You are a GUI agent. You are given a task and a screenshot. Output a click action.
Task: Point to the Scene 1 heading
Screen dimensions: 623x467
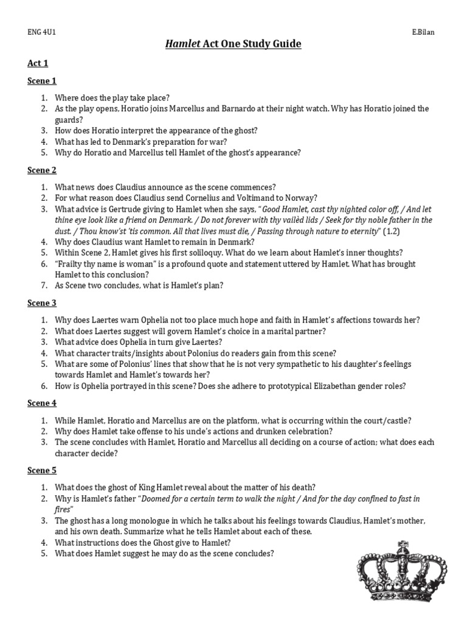coord(42,81)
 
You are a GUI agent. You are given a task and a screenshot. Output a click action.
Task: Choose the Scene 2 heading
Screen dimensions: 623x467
coord(42,170)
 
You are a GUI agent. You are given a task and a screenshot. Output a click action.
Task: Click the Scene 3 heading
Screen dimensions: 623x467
coord(42,303)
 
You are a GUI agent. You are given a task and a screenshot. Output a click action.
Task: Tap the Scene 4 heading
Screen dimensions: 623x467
coord(42,403)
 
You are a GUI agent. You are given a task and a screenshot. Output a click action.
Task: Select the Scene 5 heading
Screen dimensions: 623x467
coord(42,470)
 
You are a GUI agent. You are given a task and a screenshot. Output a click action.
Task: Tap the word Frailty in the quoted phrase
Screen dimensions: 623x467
coord(71,264)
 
